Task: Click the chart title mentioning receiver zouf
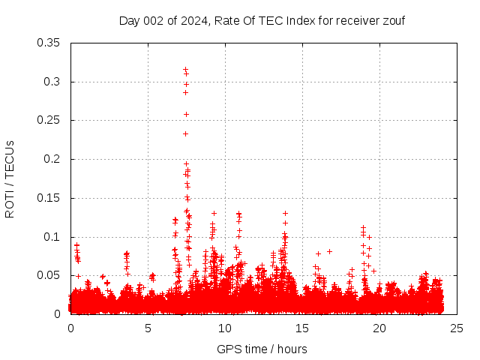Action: point(262,20)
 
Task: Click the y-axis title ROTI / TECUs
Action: point(10,178)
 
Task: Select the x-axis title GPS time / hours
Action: point(262,349)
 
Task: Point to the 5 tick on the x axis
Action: point(148,328)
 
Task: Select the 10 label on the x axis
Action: point(225,328)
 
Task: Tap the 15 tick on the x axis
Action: point(302,328)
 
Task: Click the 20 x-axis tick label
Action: point(379,328)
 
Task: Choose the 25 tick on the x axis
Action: point(457,328)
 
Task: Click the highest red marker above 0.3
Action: point(185,69)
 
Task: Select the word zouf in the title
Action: point(392,20)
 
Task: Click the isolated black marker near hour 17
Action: point(329,251)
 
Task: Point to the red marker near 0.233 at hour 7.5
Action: point(185,133)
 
